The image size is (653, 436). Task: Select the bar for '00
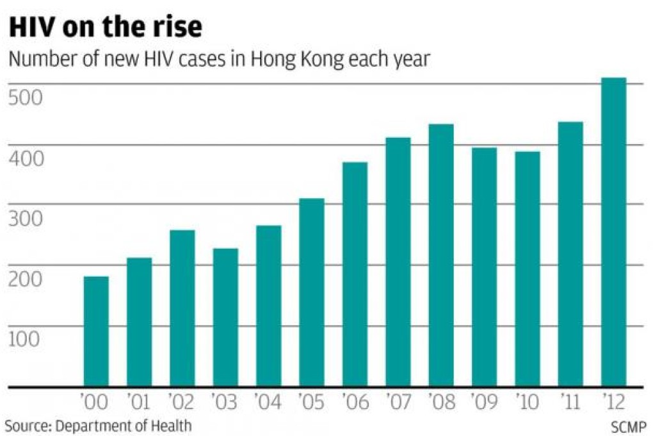pos(96,331)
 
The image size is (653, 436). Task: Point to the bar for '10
pos(527,269)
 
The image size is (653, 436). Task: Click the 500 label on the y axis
pos(25,98)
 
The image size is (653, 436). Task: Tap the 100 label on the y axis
pos(25,339)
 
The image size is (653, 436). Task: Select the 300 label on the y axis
pos(25,219)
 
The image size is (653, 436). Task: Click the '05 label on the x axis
pos(311,403)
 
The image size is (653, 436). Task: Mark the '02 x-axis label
pos(182,403)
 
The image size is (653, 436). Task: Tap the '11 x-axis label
pos(570,403)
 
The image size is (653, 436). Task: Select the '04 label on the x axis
pos(268,403)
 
